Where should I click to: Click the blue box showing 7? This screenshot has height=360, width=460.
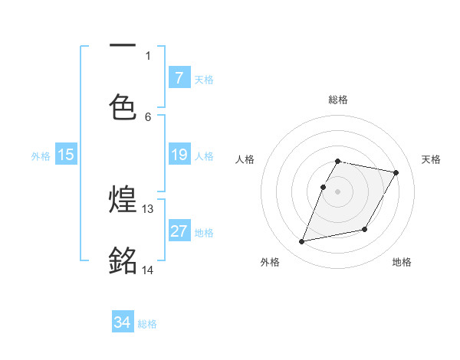pos(179,77)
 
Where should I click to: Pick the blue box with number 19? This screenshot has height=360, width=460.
pos(179,155)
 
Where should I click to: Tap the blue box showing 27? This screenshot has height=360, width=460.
pos(179,231)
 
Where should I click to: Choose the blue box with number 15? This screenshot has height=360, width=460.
pos(66,155)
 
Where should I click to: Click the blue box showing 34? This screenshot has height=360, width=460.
pos(123,322)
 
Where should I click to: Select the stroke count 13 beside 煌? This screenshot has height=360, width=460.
pos(148,208)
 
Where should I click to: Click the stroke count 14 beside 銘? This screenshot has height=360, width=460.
pos(148,270)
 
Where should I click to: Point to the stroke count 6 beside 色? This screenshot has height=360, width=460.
pos(148,116)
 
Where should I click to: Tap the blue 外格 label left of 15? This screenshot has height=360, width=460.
pos(41,156)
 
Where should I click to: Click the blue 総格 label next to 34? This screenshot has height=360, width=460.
pos(147,324)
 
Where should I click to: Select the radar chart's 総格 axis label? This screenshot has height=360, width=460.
pos(338,100)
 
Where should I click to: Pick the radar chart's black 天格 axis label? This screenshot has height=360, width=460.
pos(431,159)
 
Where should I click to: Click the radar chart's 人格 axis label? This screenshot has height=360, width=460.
pos(245,159)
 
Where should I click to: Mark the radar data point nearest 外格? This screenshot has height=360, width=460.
pos(302,242)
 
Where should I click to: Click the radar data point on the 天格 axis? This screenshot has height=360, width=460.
pos(396,173)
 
